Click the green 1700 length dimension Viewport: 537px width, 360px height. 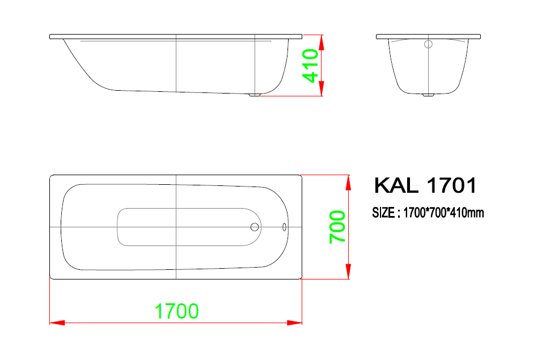pyautogui.click(x=176, y=311)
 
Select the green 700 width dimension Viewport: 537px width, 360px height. pyautogui.click(x=337, y=227)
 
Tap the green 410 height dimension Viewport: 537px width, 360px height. pyautogui.click(x=310, y=65)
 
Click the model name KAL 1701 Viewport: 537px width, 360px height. pyautogui.click(x=425, y=185)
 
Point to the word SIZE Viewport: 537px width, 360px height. pyautogui.click(x=383, y=213)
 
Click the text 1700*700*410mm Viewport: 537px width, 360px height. pyautogui.click(x=443, y=213)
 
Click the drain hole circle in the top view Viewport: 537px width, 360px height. pyautogui.click(x=255, y=227)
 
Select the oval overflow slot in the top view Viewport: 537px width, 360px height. pyautogui.click(x=284, y=227)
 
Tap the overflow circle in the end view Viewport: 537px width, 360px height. pyautogui.click(x=428, y=44)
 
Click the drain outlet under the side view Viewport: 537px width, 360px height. pyautogui.click(x=254, y=95)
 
